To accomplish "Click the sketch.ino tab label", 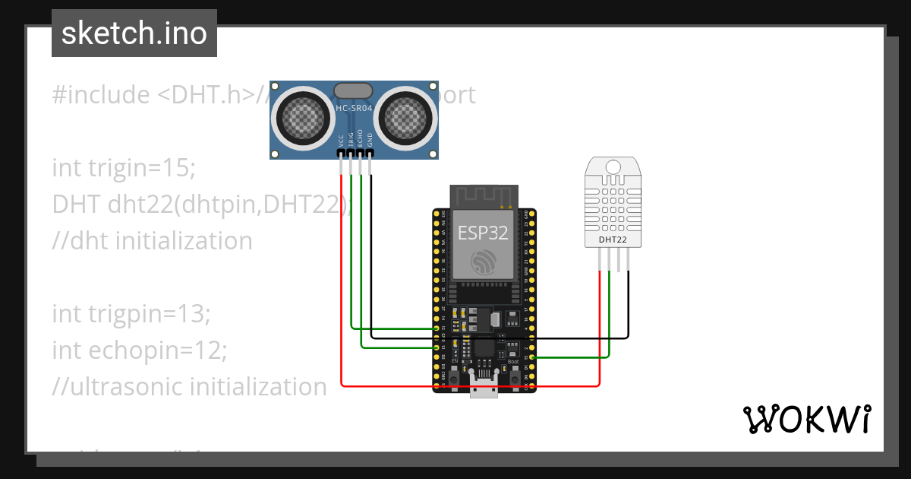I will click(x=134, y=33).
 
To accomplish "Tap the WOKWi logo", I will click(x=806, y=419).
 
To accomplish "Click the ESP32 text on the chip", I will click(x=484, y=233).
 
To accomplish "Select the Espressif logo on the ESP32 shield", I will click(x=484, y=262).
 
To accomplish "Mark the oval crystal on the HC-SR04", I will click(x=354, y=90).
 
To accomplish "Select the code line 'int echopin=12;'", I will click(x=140, y=350).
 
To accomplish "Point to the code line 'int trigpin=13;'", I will click(x=131, y=313).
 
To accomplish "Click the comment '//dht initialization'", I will click(x=152, y=240).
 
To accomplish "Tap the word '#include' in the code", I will click(x=101, y=95).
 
